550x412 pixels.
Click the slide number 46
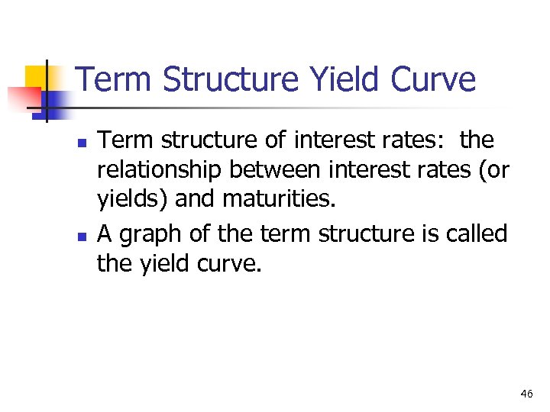(x=526, y=394)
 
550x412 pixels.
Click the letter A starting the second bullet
(x=105, y=233)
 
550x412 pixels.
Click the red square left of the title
(x=24, y=98)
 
